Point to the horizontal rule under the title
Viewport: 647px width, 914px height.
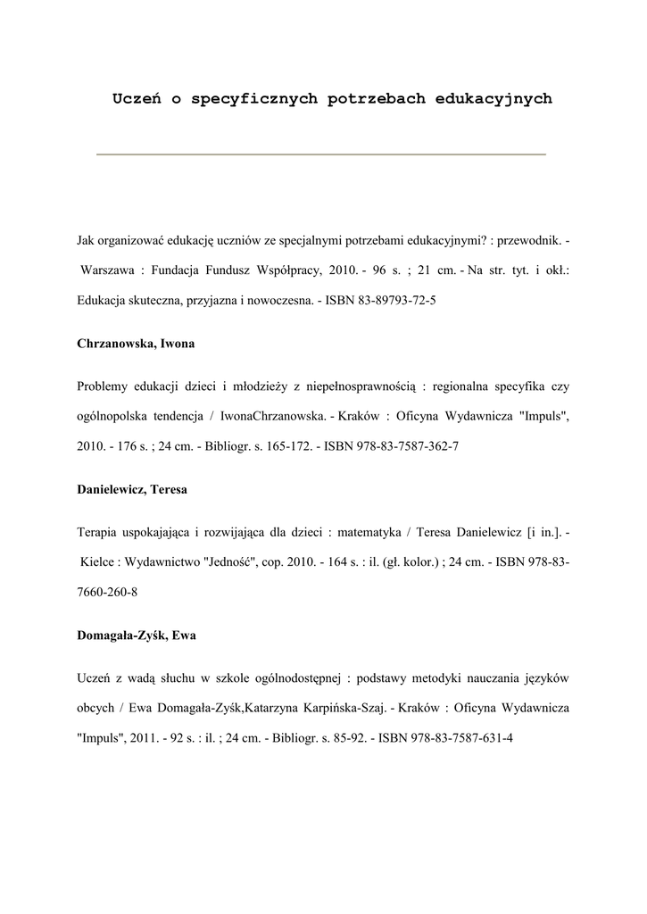[321, 154]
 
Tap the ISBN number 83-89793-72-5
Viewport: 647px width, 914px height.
[394, 300]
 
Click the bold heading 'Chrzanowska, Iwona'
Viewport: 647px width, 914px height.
[136, 344]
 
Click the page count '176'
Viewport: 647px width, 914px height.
[123, 445]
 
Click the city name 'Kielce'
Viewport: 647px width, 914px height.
[97, 562]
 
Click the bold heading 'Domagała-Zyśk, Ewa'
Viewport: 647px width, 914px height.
[137, 636]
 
